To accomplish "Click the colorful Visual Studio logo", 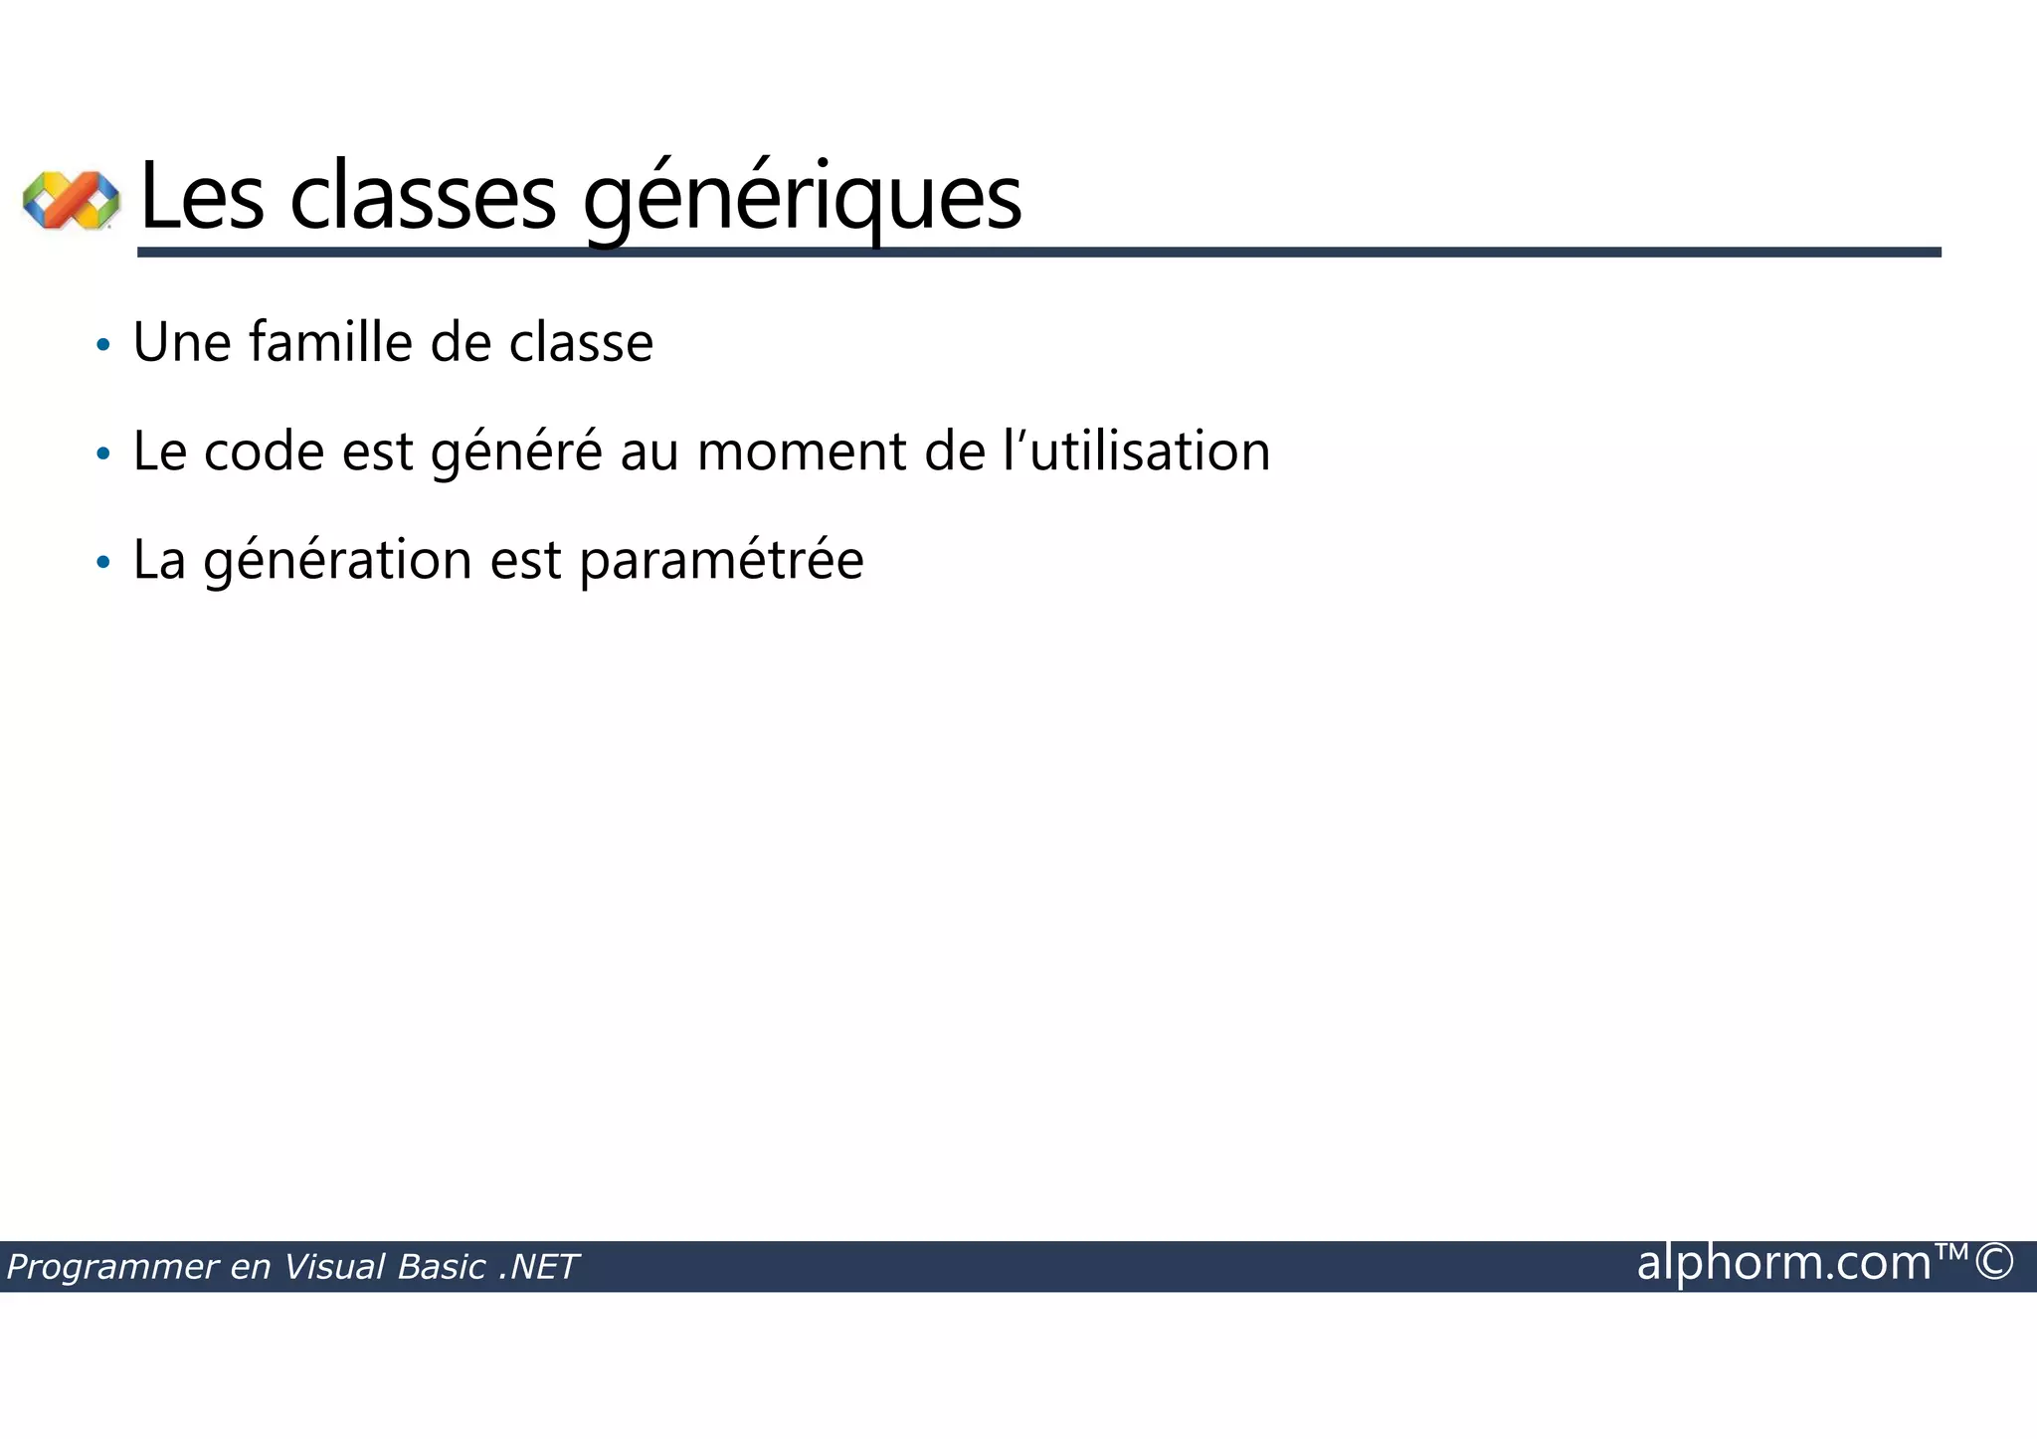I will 71,199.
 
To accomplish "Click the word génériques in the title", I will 802,199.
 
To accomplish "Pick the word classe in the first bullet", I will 581,343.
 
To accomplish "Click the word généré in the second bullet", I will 516,452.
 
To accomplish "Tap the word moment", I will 802,451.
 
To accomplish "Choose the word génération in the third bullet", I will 337,561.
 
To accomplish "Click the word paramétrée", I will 721,561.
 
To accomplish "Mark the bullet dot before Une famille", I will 102,346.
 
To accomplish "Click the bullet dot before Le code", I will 102,454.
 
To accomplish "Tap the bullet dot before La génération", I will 102,563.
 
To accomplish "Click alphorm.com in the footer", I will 1783,1263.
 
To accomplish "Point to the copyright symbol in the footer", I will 1993,1262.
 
